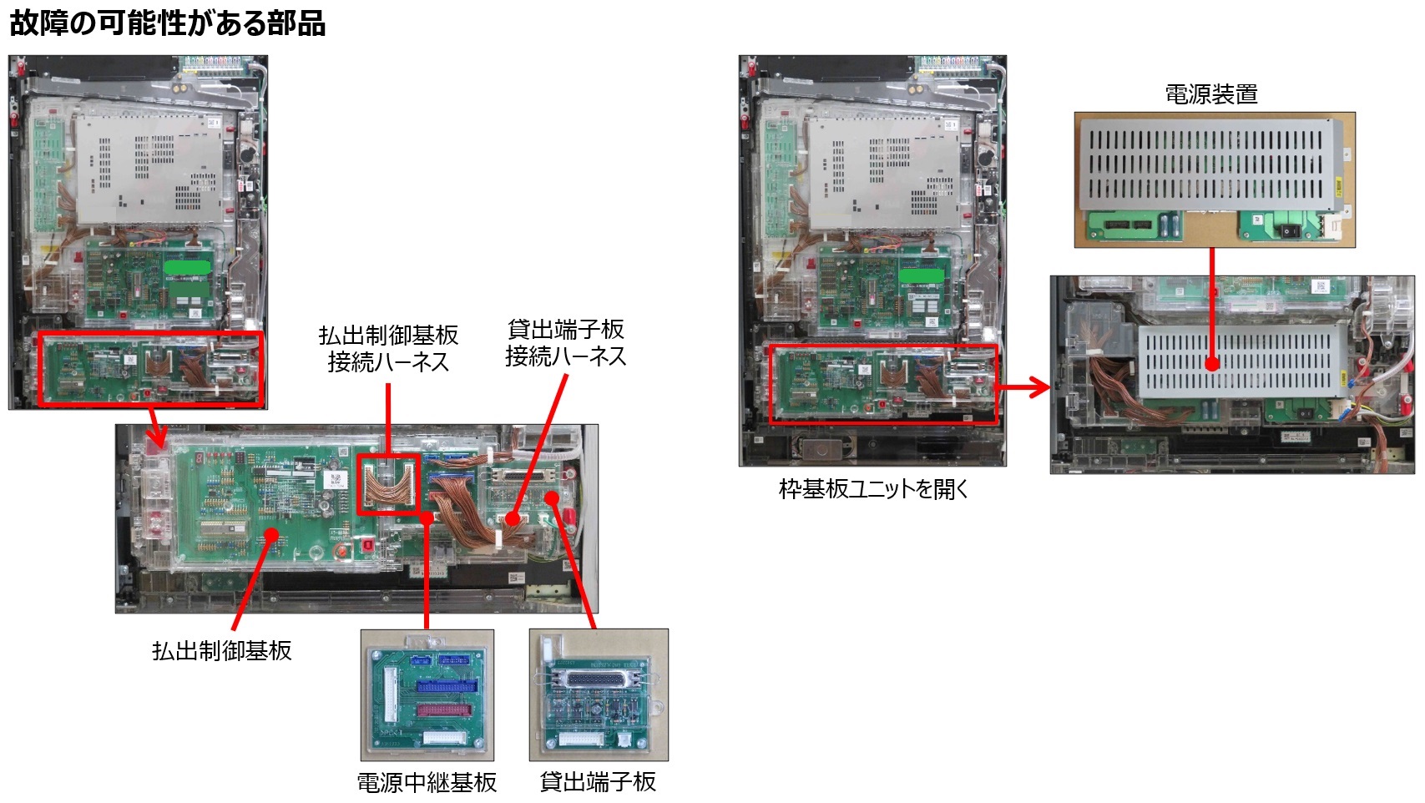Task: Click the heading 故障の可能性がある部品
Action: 167,23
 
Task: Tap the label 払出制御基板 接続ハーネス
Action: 388,349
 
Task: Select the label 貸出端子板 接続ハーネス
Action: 565,343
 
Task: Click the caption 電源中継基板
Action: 427,783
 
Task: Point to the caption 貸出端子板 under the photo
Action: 598,782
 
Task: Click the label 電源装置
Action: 1211,94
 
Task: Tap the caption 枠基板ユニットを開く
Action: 873,488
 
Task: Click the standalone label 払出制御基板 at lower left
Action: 221,650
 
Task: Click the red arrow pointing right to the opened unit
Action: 1023,386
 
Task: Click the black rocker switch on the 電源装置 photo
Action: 1287,230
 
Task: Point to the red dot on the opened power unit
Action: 1212,364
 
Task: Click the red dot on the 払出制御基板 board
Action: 271,534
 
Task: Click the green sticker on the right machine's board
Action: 921,275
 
